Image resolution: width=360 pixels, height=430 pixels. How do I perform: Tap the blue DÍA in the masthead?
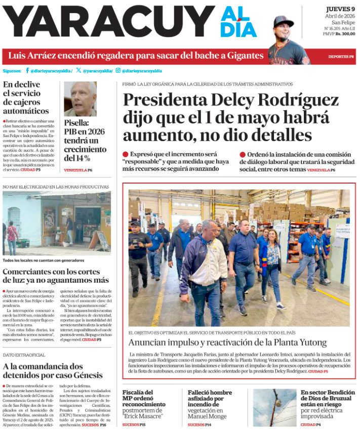(x=238, y=30)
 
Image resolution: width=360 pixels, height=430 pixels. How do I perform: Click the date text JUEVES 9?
(x=340, y=9)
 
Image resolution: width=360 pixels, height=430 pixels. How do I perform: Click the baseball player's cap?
(x=283, y=21)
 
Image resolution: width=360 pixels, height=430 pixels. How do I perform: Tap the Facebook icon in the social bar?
(x=27, y=71)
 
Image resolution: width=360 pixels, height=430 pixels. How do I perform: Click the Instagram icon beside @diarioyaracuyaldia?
(x=118, y=71)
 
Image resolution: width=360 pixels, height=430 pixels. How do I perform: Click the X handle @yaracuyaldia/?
(x=97, y=71)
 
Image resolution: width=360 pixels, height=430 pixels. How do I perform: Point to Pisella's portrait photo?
(x=80, y=99)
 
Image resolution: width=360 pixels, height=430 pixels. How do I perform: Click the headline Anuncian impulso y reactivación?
(x=227, y=342)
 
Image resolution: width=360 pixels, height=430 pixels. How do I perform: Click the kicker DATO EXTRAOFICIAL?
(x=24, y=355)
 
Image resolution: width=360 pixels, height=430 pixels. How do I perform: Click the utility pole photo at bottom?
(x=274, y=407)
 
